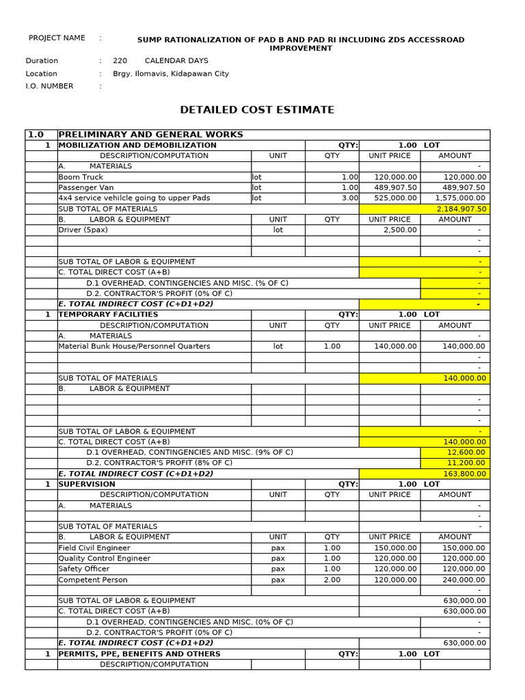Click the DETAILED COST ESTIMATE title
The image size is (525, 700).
(x=257, y=109)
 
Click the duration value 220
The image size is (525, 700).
(x=120, y=61)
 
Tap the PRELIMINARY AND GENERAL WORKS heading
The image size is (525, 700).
(x=151, y=135)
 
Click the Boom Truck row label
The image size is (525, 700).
(x=81, y=177)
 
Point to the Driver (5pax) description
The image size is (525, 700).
(x=83, y=230)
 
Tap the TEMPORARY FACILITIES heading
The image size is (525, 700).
(x=108, y=314)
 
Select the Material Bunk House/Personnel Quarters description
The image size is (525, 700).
(x=134, y=347)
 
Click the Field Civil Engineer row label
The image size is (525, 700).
(x=94, y=548)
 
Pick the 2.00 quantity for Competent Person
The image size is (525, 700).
(x=332, y=580)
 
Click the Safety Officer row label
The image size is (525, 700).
(x=83, y=569)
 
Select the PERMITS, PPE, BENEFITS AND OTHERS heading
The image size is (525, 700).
(x=139, y=654)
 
